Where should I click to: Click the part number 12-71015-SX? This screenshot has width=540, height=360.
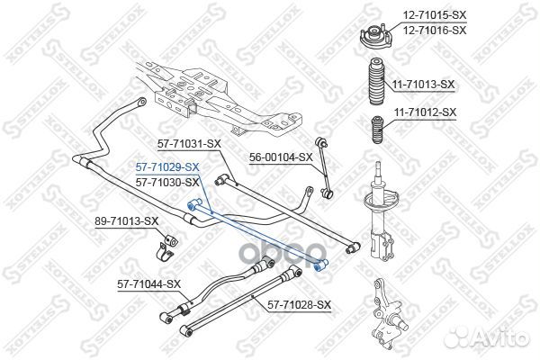(x=435, y=15)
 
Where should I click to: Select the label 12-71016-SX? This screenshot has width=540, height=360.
(x=435, y=31)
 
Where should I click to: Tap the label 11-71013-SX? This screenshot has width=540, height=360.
(x=424, y=85)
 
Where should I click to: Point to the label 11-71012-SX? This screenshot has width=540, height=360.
(x=425, y=112)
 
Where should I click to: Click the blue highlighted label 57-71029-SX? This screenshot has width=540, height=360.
(x=167, y=167)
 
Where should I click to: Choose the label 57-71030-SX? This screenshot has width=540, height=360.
(x=167, y=182)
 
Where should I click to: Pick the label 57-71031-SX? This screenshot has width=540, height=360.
(x=189, y=144)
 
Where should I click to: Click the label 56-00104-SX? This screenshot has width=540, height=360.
(x=281, y=157)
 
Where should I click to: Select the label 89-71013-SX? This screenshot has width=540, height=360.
(x=127, y=221)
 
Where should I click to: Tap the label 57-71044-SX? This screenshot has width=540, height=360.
(x=148, y=284)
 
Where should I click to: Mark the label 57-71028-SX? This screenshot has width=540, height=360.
(x=299, y=305)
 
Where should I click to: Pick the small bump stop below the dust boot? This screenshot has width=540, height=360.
(x=378, y=130)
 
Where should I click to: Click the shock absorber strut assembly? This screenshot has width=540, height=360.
(x=381, y=210)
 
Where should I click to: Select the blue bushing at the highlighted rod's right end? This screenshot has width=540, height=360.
(x=321, y=265)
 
